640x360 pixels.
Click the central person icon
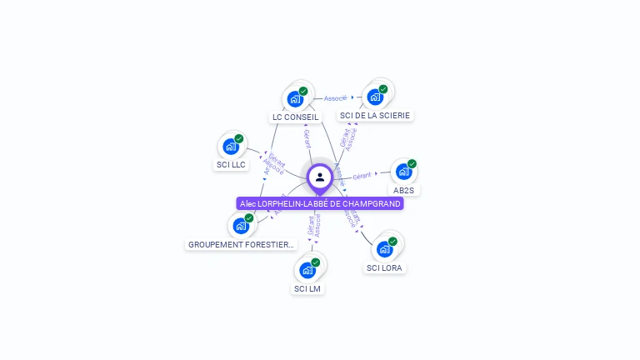(320, 177)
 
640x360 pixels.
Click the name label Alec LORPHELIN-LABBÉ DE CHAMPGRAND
(320, 203)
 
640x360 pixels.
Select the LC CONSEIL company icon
(295, 99)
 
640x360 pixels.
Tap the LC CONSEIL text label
(295, 117)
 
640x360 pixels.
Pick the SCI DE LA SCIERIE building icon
(375, 97)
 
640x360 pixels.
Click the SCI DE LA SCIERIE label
(375, 116)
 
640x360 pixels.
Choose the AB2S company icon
(403, 172)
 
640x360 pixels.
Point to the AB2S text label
(403, 190)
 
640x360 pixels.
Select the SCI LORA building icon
(384, 249)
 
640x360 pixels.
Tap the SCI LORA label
(384, 267)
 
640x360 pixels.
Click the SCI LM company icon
(307, 270)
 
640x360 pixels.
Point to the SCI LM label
(307, 288)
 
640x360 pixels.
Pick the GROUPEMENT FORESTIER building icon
(241, 226)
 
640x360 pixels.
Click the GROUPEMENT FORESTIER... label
(241, 245)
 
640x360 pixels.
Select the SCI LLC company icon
(231, 147)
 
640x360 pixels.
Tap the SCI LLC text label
(231, 165)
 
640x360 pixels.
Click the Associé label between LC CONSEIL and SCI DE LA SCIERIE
(335, 98)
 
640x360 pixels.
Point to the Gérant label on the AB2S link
(362, 176)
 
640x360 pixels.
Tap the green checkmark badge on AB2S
(412, 164)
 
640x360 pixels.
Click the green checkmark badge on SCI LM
(316, 262)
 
